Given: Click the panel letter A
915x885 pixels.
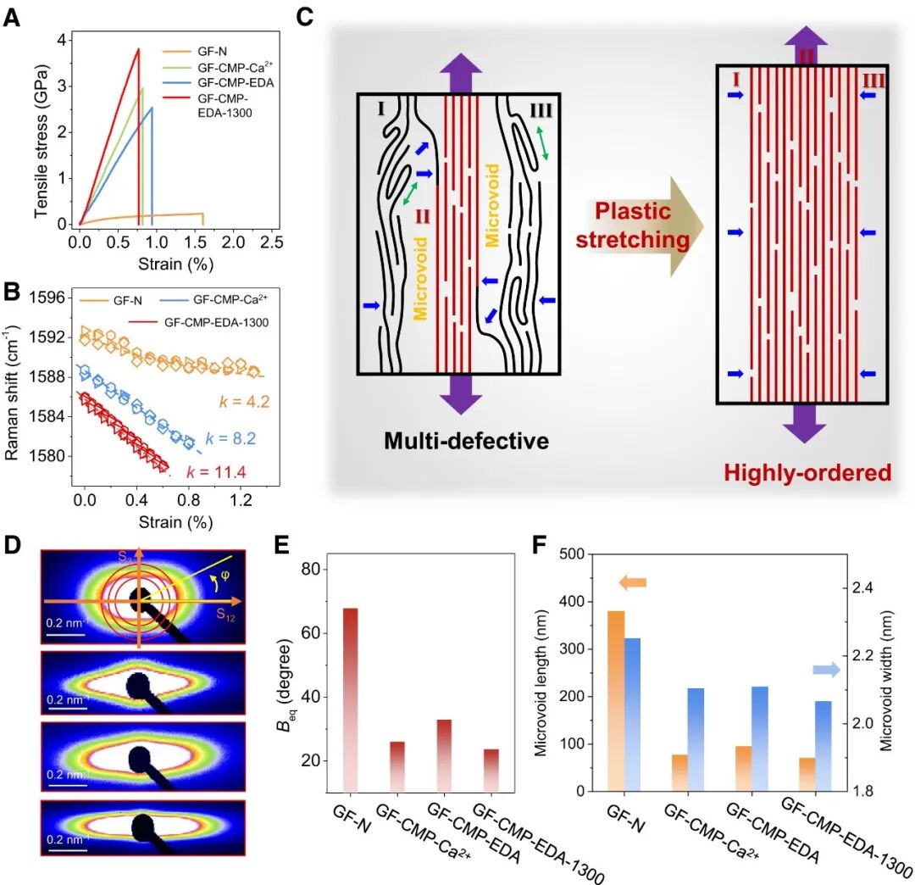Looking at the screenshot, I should (13, 17).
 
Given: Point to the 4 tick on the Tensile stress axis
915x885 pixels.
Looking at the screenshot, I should (61, 40).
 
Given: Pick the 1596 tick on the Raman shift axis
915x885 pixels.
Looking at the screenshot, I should (48, 298).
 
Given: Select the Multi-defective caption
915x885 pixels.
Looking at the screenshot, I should (465, 441).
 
